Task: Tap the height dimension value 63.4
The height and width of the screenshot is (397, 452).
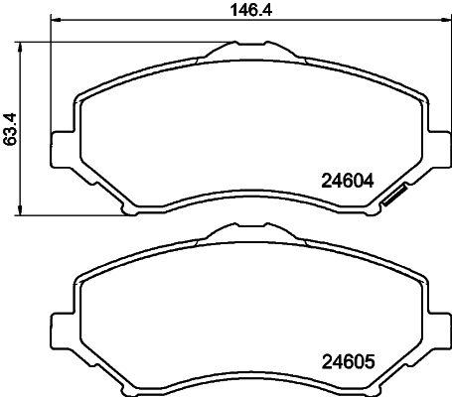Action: tap(12, 128)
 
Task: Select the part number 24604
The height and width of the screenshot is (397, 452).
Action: tap(347, 181)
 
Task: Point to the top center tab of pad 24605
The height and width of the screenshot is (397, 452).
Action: tap(248, 235)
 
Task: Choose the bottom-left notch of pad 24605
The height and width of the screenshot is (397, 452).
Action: tap(127, 387)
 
